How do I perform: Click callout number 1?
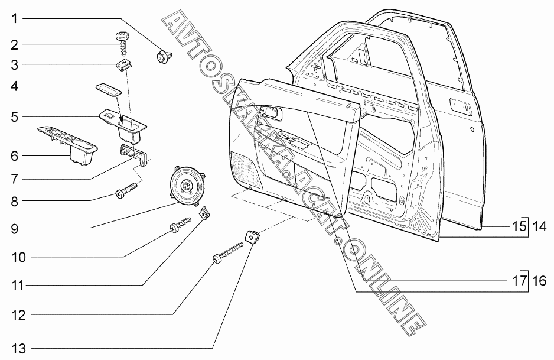[14, 18]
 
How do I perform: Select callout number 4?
[14, 86]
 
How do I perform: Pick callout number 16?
[539, 281]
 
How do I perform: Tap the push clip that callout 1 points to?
[162, 57]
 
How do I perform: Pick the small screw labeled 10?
[181, 226]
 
